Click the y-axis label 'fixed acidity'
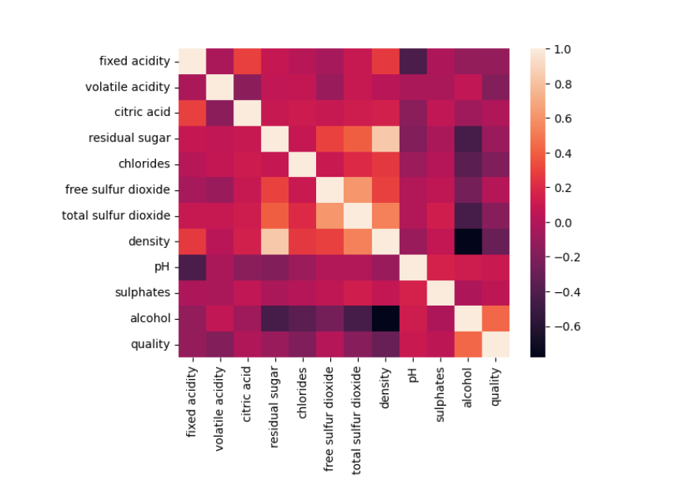[134, 61]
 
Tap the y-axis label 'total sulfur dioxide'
[116, 216]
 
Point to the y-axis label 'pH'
[162, 267]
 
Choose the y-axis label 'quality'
[150, 344]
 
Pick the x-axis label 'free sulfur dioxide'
[330, 419]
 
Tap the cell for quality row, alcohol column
[468, 344]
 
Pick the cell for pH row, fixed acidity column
[192, 267]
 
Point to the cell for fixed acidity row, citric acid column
[247, 61]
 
